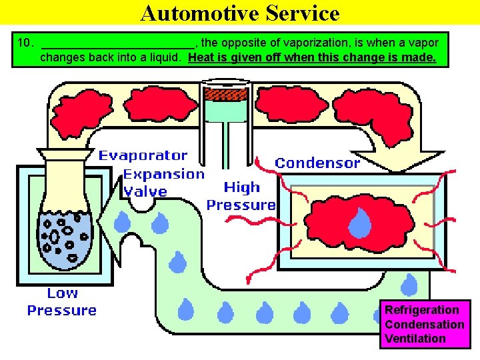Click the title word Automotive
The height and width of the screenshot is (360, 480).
click(195, 13)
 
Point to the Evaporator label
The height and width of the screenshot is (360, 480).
click(143, 156)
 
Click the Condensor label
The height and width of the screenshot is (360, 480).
click(317, 163)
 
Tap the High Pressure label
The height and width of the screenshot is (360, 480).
click(241, 196)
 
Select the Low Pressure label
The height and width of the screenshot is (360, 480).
click(62, 301)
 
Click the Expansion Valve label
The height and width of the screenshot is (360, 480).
click(163, 183)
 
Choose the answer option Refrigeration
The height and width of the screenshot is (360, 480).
click(421, 310)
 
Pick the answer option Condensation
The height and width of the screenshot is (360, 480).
click(424, 325)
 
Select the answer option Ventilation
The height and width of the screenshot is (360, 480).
click(415, 339)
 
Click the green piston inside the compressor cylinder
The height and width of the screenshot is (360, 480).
click(225, 107)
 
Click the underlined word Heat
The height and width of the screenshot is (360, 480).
click(202, 57)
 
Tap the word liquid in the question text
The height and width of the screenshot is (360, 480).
click(164, 57)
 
